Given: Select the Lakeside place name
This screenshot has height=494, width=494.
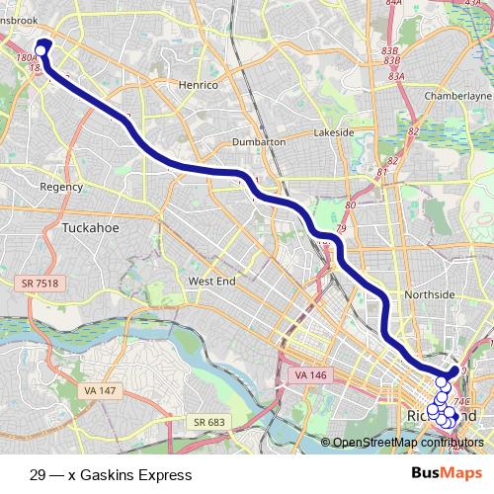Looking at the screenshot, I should click(x=333, y=132).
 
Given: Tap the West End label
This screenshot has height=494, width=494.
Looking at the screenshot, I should click(x=211, y=282).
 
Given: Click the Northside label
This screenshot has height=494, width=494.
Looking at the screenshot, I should click(x=430, y=294).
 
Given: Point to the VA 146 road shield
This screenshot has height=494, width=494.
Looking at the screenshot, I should click(x=309, y=375).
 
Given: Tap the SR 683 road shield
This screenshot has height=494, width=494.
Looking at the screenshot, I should click(x=209, y=422).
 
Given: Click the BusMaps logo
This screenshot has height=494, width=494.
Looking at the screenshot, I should click(x=440, y=474).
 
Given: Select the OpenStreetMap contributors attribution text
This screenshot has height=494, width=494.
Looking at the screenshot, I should click(x=407, y=443).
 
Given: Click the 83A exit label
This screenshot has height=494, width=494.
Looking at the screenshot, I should click(x=397, y=75).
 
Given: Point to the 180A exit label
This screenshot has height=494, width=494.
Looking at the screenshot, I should click(x=27, y=58).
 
